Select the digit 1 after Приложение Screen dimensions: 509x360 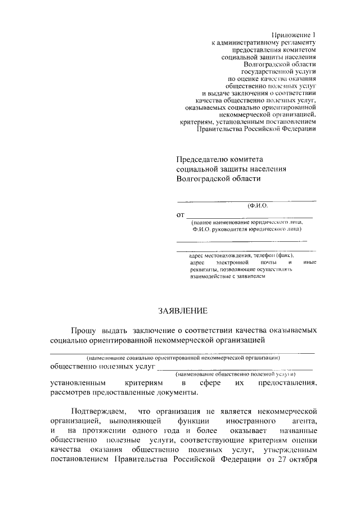point(314,34)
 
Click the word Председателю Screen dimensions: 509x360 point(204,160)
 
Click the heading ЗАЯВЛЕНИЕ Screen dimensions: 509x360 point(182,311)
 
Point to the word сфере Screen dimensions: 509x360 point(202,383)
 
